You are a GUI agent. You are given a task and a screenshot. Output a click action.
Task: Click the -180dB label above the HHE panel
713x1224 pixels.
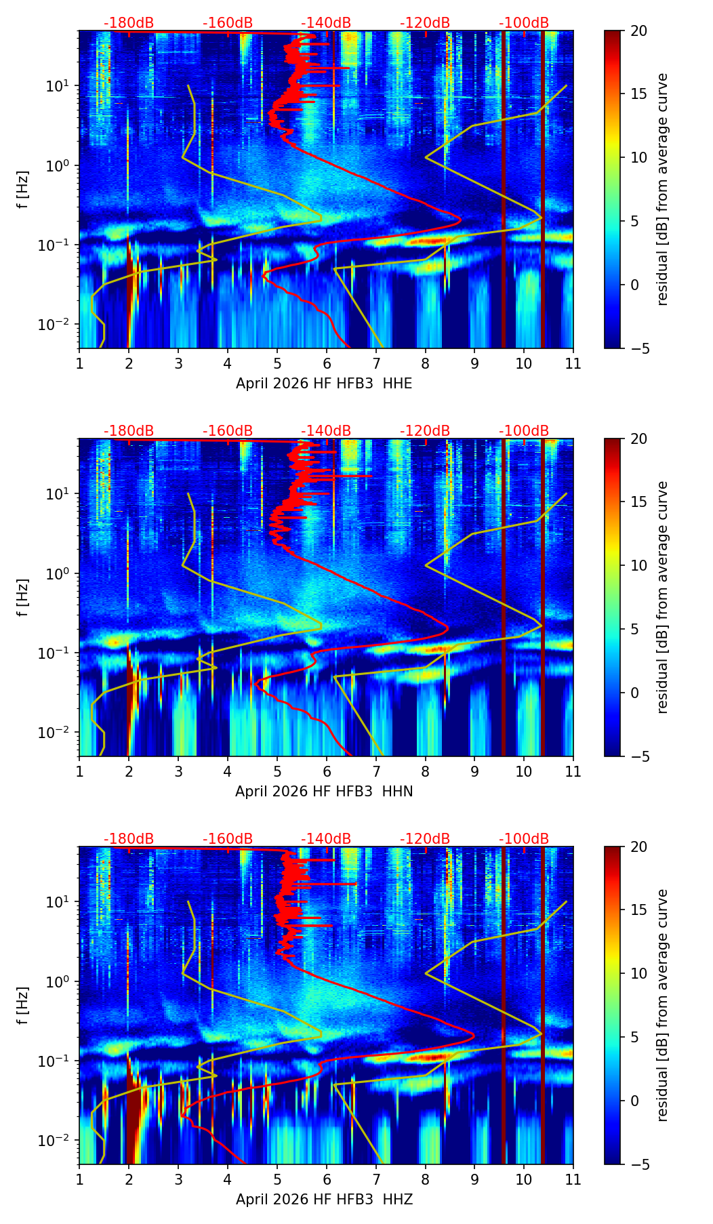(x=129, y=23)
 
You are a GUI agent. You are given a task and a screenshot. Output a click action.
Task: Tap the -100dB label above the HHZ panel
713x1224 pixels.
(x=524, y=839)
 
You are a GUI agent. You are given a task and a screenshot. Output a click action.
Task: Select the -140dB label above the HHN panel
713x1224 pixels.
(x=326, y=431)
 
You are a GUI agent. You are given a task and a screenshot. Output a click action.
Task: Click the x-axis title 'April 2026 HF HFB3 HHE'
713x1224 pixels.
(x=324, y=384)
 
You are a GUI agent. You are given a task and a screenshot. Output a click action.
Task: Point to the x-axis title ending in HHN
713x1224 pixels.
(x=324, y=792)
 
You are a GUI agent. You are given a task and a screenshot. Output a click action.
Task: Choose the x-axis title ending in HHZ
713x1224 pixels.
(x=324, y=1200)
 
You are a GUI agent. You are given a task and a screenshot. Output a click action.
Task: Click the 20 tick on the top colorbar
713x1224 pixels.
(x=638, y=30)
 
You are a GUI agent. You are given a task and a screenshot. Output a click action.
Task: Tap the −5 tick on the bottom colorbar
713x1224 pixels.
(x=638, y=1164)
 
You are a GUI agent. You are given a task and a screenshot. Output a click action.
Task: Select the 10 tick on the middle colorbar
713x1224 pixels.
(x=638, y=565)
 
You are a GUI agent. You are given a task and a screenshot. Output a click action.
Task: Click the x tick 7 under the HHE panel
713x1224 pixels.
(x=376, y=363)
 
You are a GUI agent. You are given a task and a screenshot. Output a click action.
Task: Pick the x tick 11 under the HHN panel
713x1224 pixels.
(x=573, y=771)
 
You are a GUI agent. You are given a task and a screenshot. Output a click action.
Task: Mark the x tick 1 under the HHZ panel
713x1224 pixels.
(x=80, y=1179)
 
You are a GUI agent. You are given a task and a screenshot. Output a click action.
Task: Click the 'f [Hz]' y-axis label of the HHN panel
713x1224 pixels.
(x=23, y=597)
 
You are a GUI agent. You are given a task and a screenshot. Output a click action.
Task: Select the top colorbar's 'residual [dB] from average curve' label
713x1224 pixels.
(x=663, y=189)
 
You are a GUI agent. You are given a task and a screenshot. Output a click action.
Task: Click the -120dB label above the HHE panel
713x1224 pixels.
(x=425, y=23)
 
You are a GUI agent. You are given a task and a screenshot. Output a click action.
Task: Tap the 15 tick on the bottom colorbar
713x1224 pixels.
(x=638, y=910)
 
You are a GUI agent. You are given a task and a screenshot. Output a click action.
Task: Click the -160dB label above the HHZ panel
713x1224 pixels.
(x=228, y=839)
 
